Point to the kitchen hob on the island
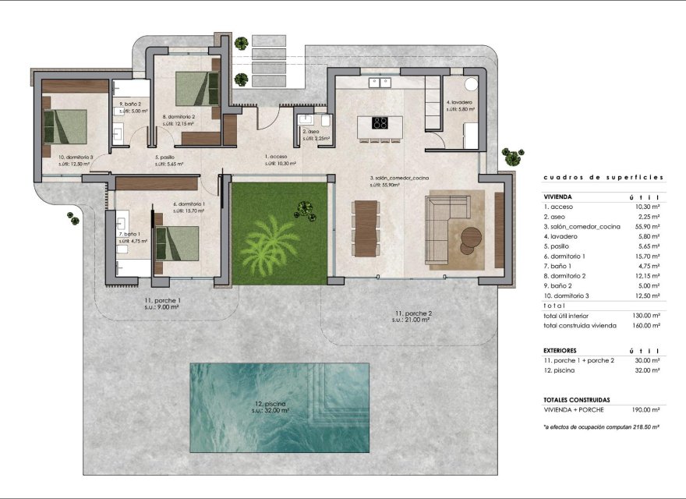pos(380,122)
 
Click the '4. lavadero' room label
pos(460,103)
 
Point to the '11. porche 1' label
pos(162,300)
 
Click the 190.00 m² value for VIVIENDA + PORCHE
pos(646,409)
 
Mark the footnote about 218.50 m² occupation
pos(602,427)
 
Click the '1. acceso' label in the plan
pos(278,156)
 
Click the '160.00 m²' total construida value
pos(646,326)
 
